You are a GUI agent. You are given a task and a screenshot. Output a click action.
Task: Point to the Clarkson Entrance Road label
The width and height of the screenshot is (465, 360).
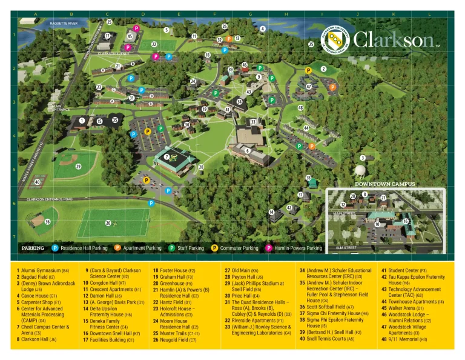50,199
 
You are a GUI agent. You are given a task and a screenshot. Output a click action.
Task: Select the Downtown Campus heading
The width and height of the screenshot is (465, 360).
385,184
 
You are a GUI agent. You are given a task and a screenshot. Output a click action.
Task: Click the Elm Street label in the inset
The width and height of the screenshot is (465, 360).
346,247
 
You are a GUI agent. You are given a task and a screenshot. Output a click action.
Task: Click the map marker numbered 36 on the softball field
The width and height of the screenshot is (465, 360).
48,222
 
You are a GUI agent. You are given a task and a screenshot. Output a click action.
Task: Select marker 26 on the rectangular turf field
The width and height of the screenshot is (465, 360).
108,223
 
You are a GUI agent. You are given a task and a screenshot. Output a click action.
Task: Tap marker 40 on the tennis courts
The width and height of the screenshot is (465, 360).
38,182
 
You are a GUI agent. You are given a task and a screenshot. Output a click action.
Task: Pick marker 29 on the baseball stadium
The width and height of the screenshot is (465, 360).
78,166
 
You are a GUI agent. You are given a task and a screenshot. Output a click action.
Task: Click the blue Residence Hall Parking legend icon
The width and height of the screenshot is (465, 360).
55,248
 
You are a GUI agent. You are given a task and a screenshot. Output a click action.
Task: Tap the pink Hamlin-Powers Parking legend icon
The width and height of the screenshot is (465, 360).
268,248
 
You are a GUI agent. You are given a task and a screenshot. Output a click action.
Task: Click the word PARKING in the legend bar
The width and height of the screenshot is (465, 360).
33,248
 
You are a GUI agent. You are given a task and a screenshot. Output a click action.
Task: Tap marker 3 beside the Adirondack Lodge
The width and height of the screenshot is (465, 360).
362,158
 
